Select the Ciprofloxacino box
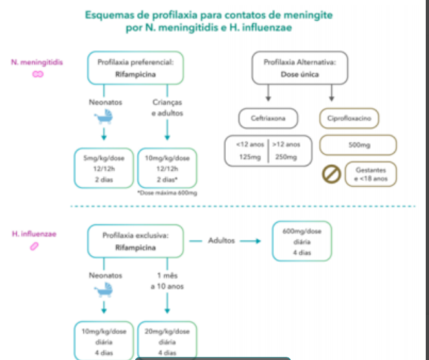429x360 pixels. tap(349, 118)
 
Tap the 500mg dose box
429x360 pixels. tap(358, 145)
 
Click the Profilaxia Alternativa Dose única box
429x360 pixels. tap(300, 68)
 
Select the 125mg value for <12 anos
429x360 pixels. tap(249, 157)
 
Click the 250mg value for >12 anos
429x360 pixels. tap(286, 157)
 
